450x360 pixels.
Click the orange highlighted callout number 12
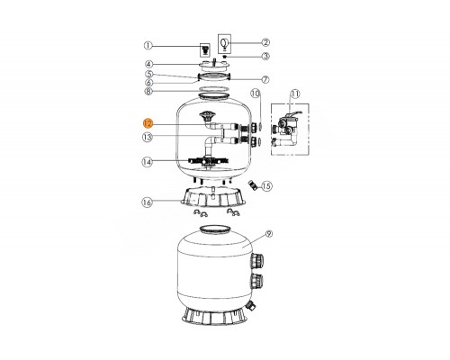(148, 123)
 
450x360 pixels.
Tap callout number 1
(148, 46)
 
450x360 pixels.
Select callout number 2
(265, 42)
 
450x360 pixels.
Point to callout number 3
(265, 56)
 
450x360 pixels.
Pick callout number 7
(265, 79)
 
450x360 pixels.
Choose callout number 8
(148, 91)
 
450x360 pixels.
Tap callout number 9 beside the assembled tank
(269, 234)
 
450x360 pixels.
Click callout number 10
(256, 94)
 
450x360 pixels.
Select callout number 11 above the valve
(295, 94)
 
